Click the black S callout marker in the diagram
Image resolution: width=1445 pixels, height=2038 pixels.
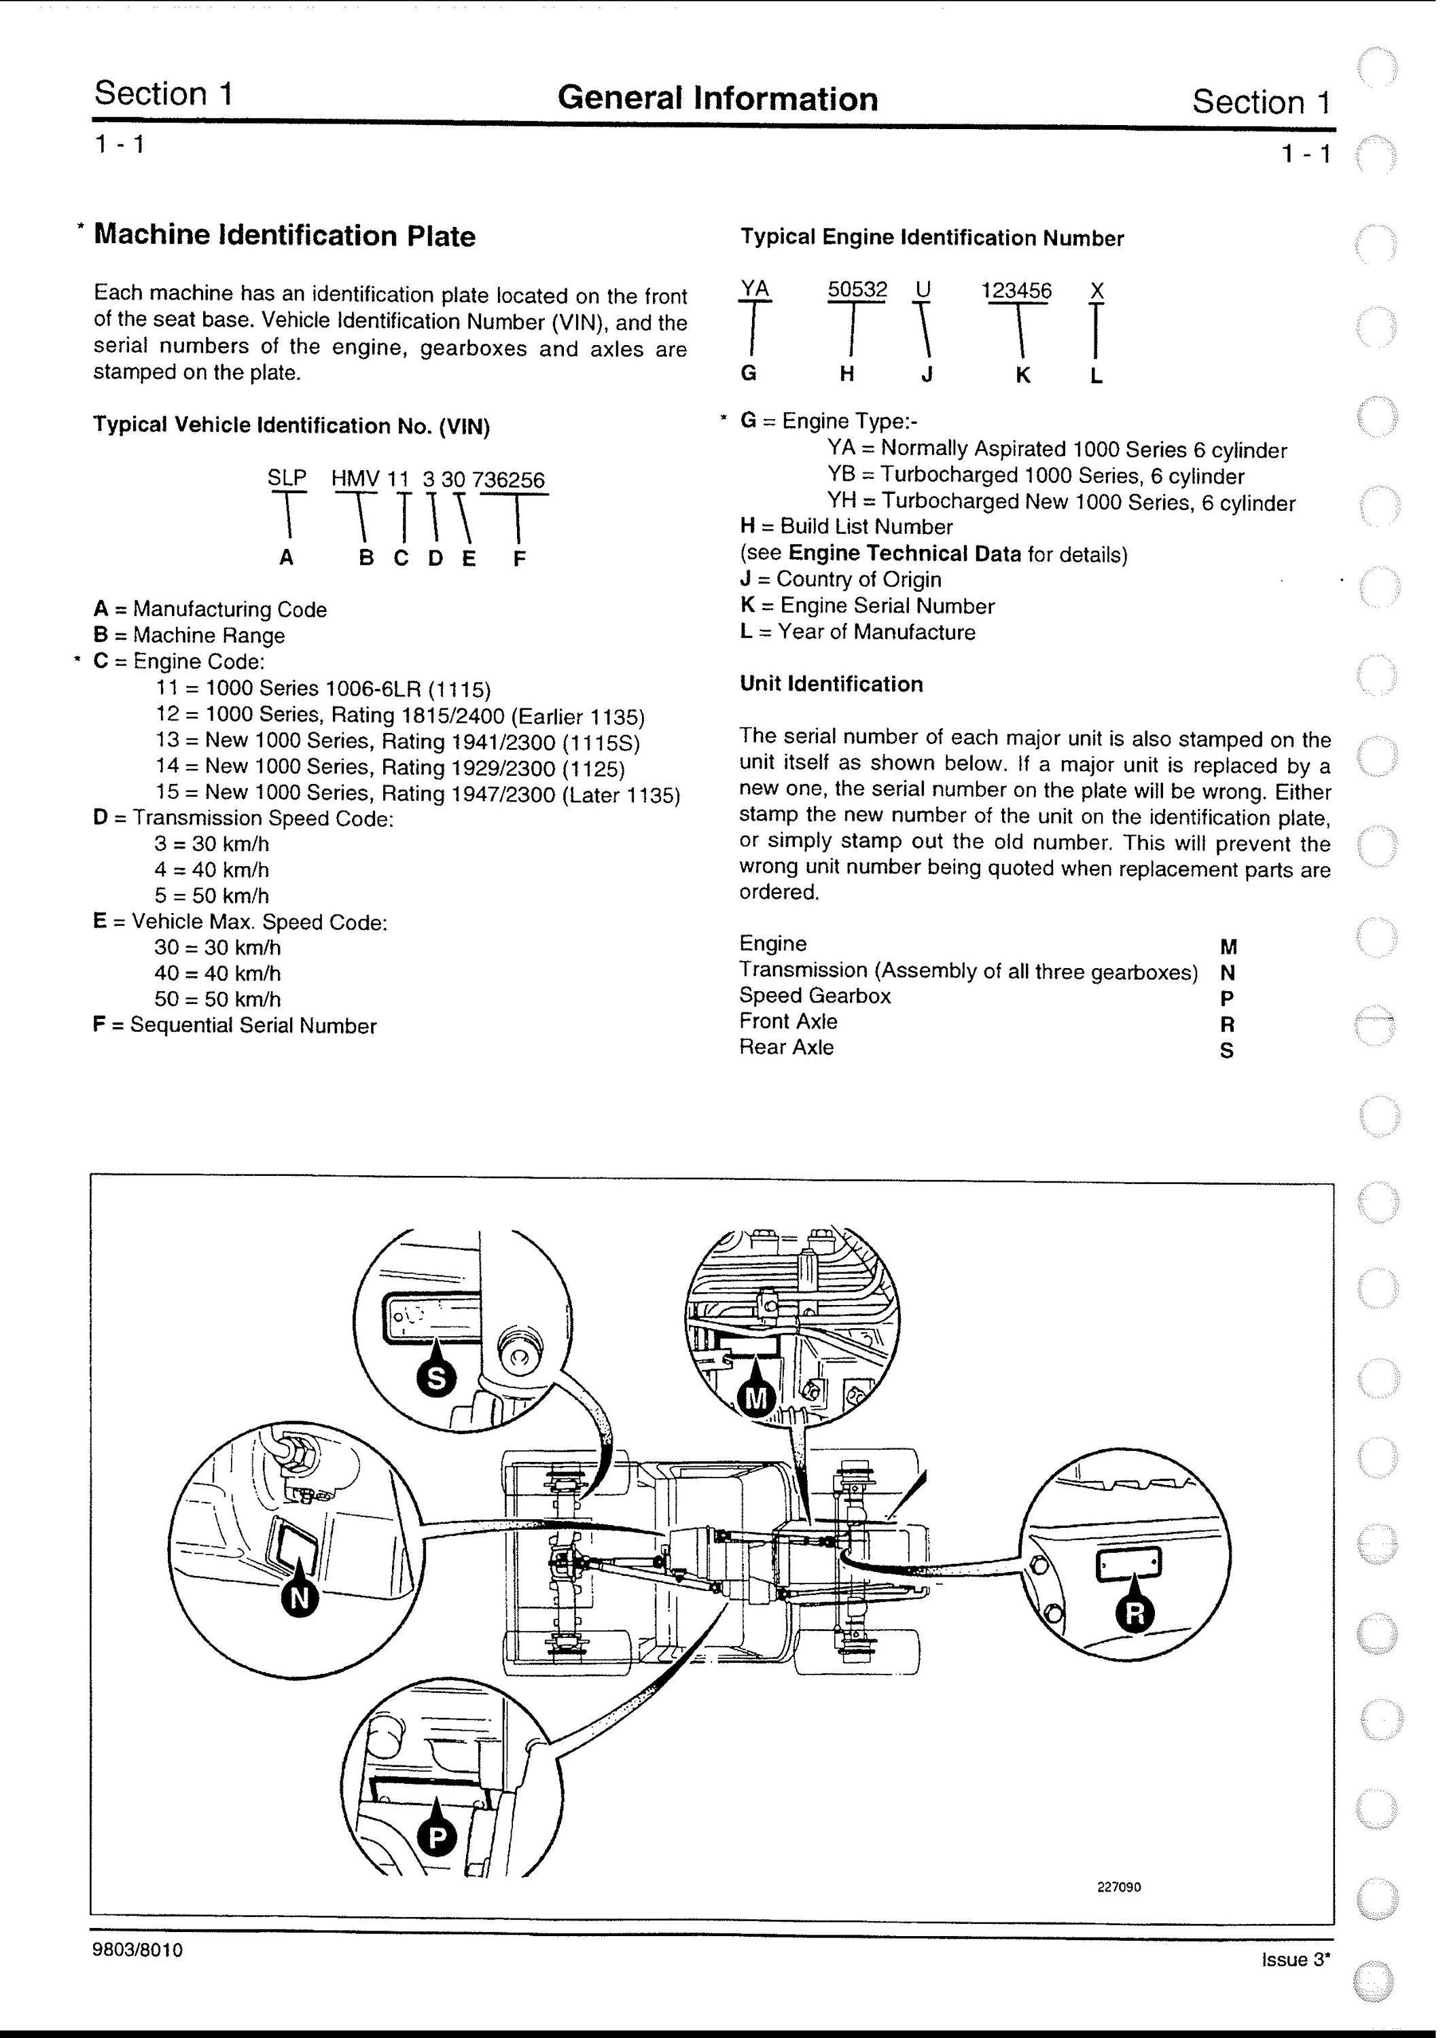point(437,1378)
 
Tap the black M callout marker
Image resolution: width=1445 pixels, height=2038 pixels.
point(755,1398)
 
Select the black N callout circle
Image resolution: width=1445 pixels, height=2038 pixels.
point(300,1598)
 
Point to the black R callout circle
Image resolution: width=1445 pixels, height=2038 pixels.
point(1135,1613)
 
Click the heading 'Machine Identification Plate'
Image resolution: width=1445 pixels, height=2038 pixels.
point(285,236)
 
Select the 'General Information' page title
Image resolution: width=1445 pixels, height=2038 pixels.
point(718,99)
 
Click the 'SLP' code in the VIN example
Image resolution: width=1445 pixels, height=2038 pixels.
point(287,478)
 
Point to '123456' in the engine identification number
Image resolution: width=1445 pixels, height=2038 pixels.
point(1016,291)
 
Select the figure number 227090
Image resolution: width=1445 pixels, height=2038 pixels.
point(1118,1912)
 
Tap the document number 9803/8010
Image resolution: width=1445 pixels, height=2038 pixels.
point(138,1950)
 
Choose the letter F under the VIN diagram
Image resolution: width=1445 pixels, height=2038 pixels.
point(520,558)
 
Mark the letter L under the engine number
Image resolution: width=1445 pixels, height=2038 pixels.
point(1096,376)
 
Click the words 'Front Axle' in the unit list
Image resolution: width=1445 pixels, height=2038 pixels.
point(788,1021)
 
